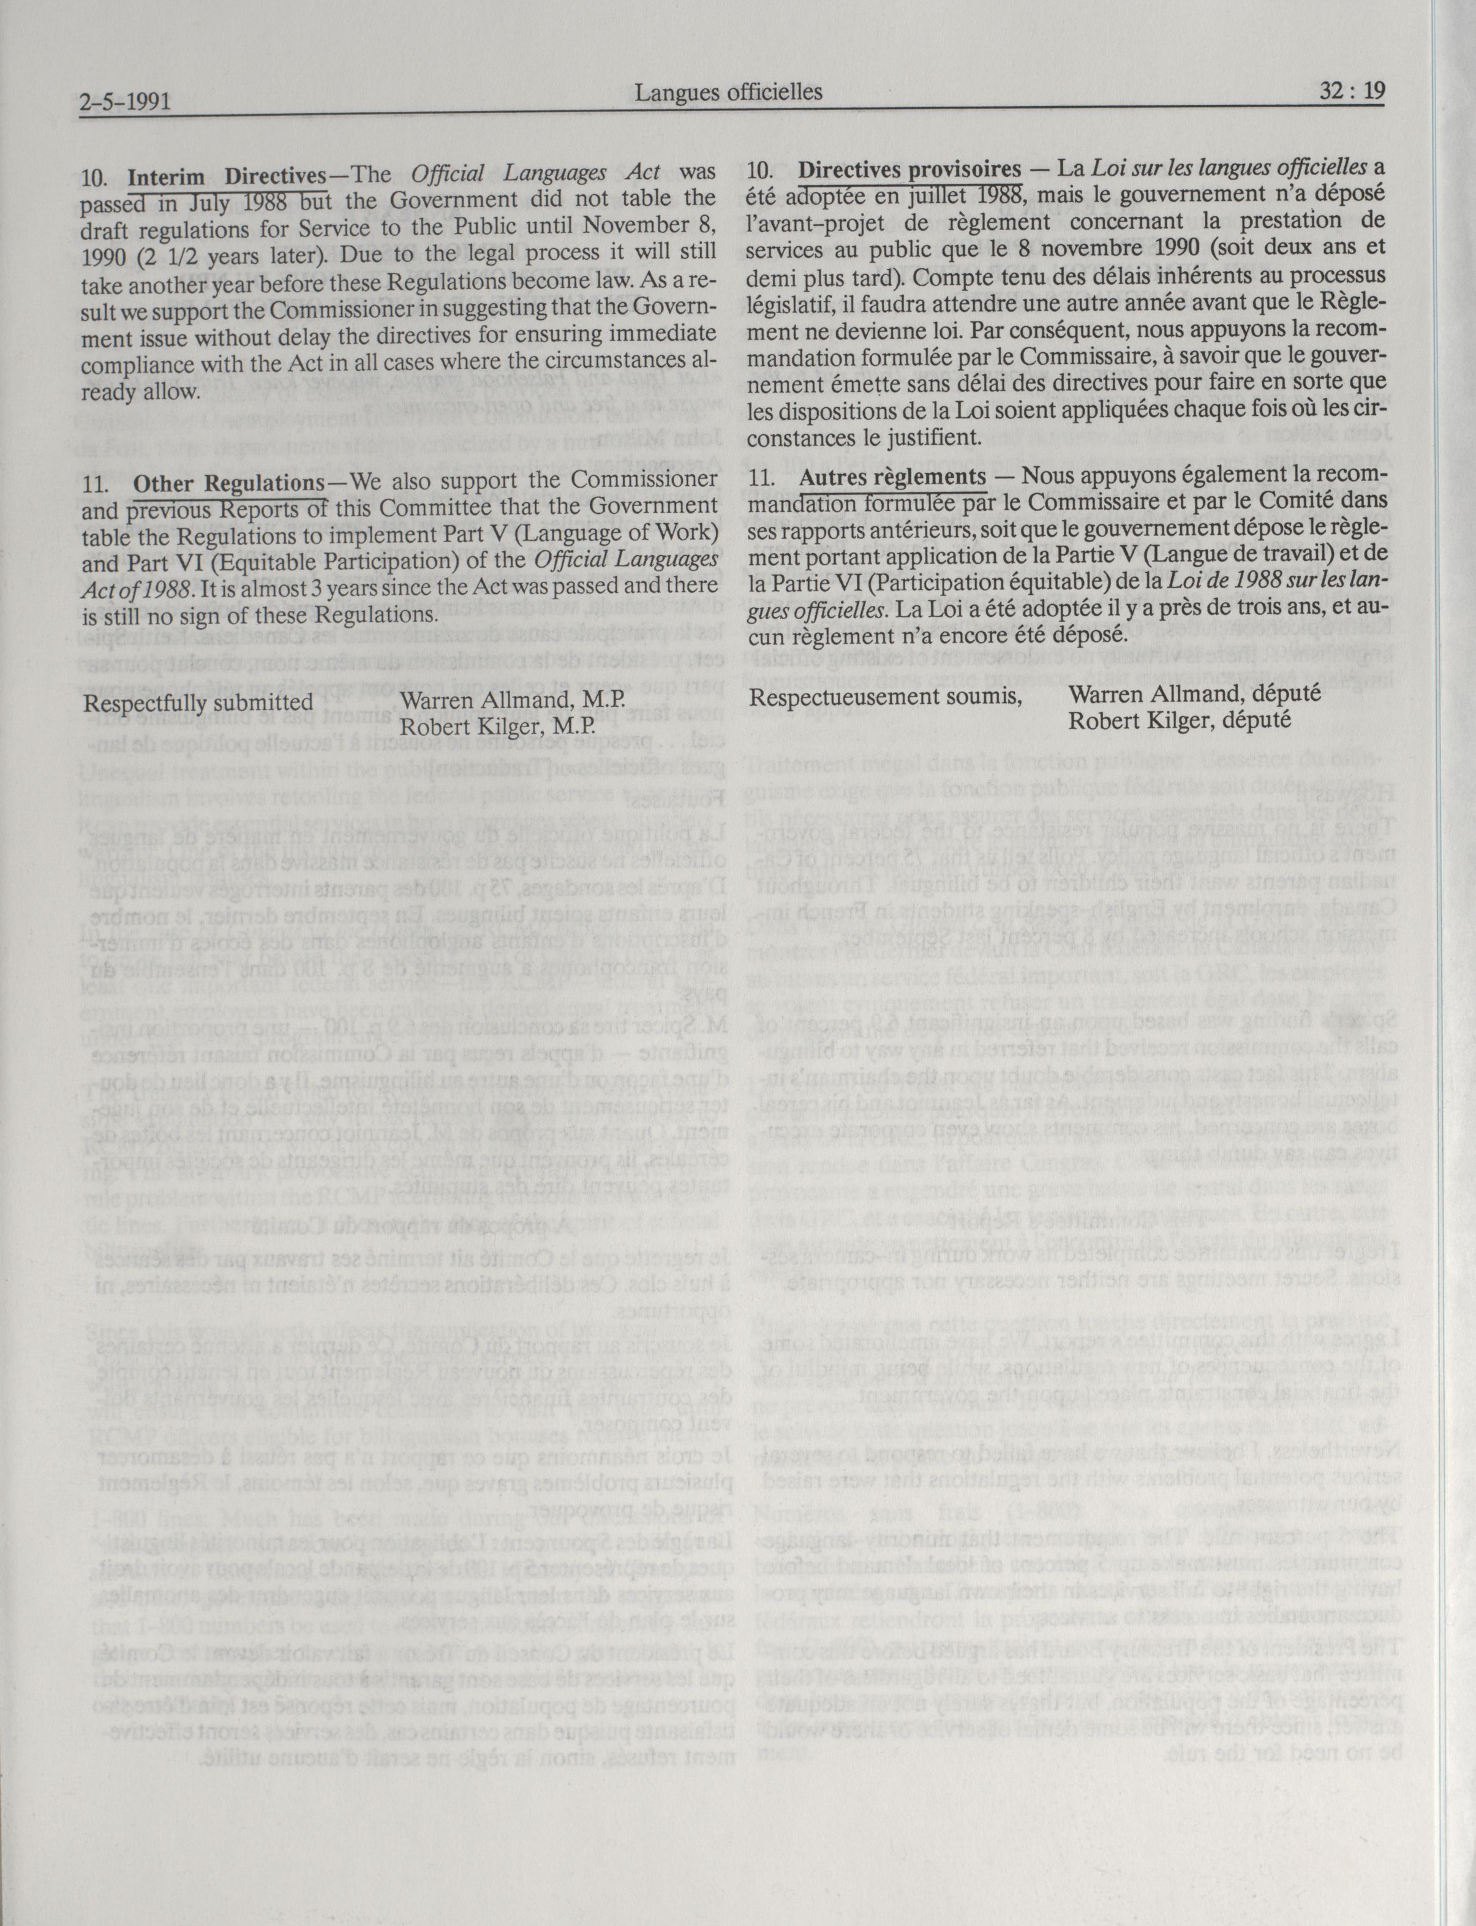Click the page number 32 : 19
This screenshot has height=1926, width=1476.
1351,91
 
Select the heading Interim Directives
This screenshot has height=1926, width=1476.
226,176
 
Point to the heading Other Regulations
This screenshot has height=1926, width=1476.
228,483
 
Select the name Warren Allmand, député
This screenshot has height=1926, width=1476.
1194,693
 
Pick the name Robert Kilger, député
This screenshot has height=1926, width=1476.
1179,720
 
